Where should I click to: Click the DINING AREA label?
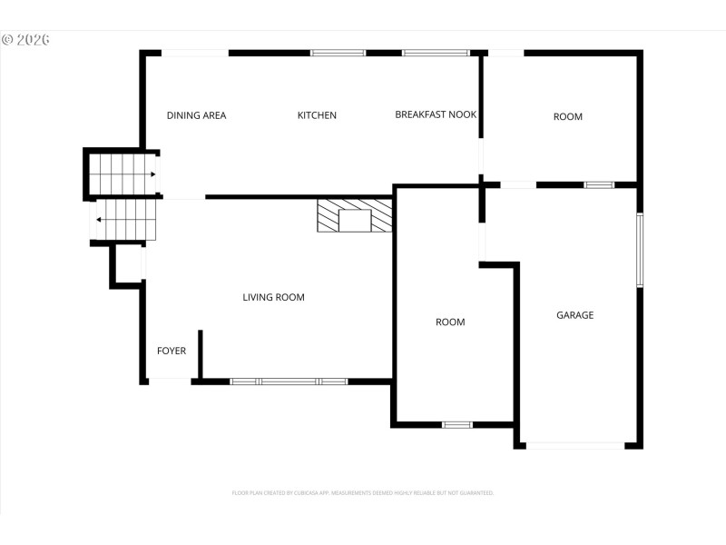[x=196, y=115]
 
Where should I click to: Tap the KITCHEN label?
[x=317, y=115]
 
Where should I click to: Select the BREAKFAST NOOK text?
[x=436, y=114]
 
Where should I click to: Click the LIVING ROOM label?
[x=273, y=297]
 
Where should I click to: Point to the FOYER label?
[x=172, y=351]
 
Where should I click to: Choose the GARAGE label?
[x=574, y=315]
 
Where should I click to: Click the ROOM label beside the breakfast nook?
[x=568, y=116]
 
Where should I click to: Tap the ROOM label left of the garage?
[x=450, y=322]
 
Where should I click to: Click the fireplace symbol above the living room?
[x=355, y=216]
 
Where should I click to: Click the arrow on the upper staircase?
[x=152, y=174]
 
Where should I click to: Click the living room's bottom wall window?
[x=289, y=381]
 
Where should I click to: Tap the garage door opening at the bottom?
[x=574, y=445]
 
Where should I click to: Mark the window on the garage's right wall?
[x=640, y=249]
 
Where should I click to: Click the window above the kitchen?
[x=338, y=53]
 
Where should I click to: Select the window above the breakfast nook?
[x=436, y=53]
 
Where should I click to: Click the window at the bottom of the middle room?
[x=456, y=424]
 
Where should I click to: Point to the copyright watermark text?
[x=25, y=40]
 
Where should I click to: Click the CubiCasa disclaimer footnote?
[x=363, y=492]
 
